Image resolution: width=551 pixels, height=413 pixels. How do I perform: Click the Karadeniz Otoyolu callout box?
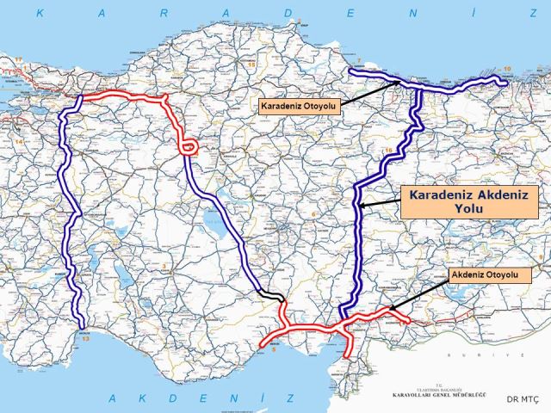point(300,105)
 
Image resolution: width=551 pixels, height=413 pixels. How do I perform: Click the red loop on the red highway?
point(189,146)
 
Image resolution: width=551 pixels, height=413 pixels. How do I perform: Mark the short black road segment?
point(272,296)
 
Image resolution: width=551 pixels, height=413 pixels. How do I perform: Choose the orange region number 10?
point(507,68)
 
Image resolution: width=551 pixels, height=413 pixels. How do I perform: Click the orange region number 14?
point(17,138)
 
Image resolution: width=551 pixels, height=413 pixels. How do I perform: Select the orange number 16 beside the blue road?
point(387,151)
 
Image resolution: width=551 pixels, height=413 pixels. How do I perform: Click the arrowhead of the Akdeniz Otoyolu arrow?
point(389,309)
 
